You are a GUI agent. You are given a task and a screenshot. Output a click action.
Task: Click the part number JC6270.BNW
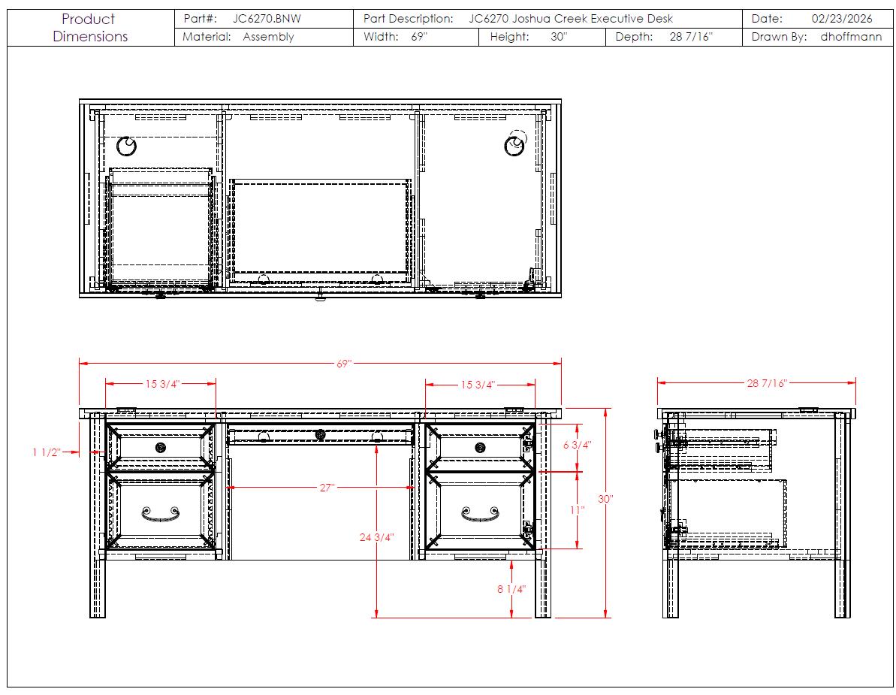pyautogui.click(x=267, y=18)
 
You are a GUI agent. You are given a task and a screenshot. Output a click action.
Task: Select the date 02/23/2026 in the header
pyautogui.click(x=842, y=18)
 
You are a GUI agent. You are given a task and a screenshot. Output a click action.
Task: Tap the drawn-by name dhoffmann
pyautogui.click(x=851, y=37)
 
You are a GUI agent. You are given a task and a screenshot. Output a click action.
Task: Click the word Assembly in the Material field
pyautogui.click(x=268, y=37)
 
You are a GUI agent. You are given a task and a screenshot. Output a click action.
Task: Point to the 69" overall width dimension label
pyautogui.click(x=344, y=364)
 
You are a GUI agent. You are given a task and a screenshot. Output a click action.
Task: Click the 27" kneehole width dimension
pyautogui.click(x=327, y=488)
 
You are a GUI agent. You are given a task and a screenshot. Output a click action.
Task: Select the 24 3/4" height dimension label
pyautogui.click(x=376, y=537)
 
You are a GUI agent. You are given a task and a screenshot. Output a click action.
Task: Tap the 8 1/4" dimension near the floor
pyautogui.click(x=511, y=589)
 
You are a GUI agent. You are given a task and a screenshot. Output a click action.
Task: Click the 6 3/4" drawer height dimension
pyautogui.click(x=577, y=445)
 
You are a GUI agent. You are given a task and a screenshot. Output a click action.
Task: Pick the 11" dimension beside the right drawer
pyautogui.click(x=577, y=510)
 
